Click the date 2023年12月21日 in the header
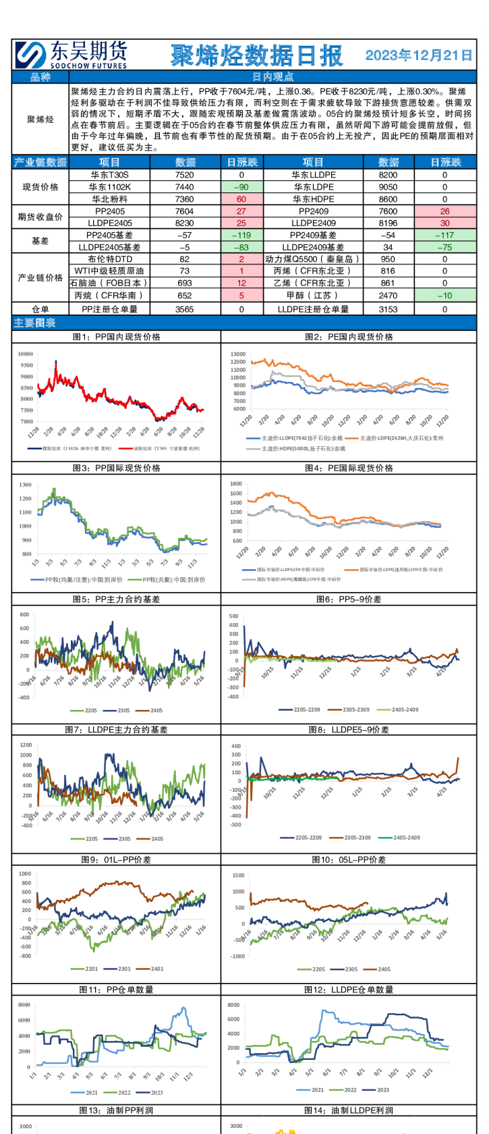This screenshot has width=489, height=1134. click(x=418, y=55)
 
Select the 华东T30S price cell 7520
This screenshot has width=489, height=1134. click(x=185, y=175)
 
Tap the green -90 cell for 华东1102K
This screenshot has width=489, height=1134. click(x=241, y=187)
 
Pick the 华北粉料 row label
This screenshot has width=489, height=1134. click(x=109, y=199)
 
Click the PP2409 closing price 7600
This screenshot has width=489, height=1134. click(x=388, y=211)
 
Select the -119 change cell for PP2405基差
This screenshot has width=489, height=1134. click(x=241, y=236)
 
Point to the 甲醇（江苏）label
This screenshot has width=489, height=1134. click(x=313, y=296)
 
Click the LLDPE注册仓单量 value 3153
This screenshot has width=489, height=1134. click(x=388, y=309)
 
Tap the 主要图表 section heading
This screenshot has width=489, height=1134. click(x=35, y=323)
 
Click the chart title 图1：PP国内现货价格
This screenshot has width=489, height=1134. click(x=116, y=337)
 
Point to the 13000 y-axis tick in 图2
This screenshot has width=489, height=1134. click(x=237, y=354)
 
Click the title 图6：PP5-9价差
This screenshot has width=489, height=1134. click(x=349, y=599)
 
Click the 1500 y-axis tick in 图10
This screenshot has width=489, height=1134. click(x=238, y=875)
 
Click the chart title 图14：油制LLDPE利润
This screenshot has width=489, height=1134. click(x=349, y=1110)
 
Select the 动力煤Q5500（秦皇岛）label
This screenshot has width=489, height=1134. click(x=313, y=259)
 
